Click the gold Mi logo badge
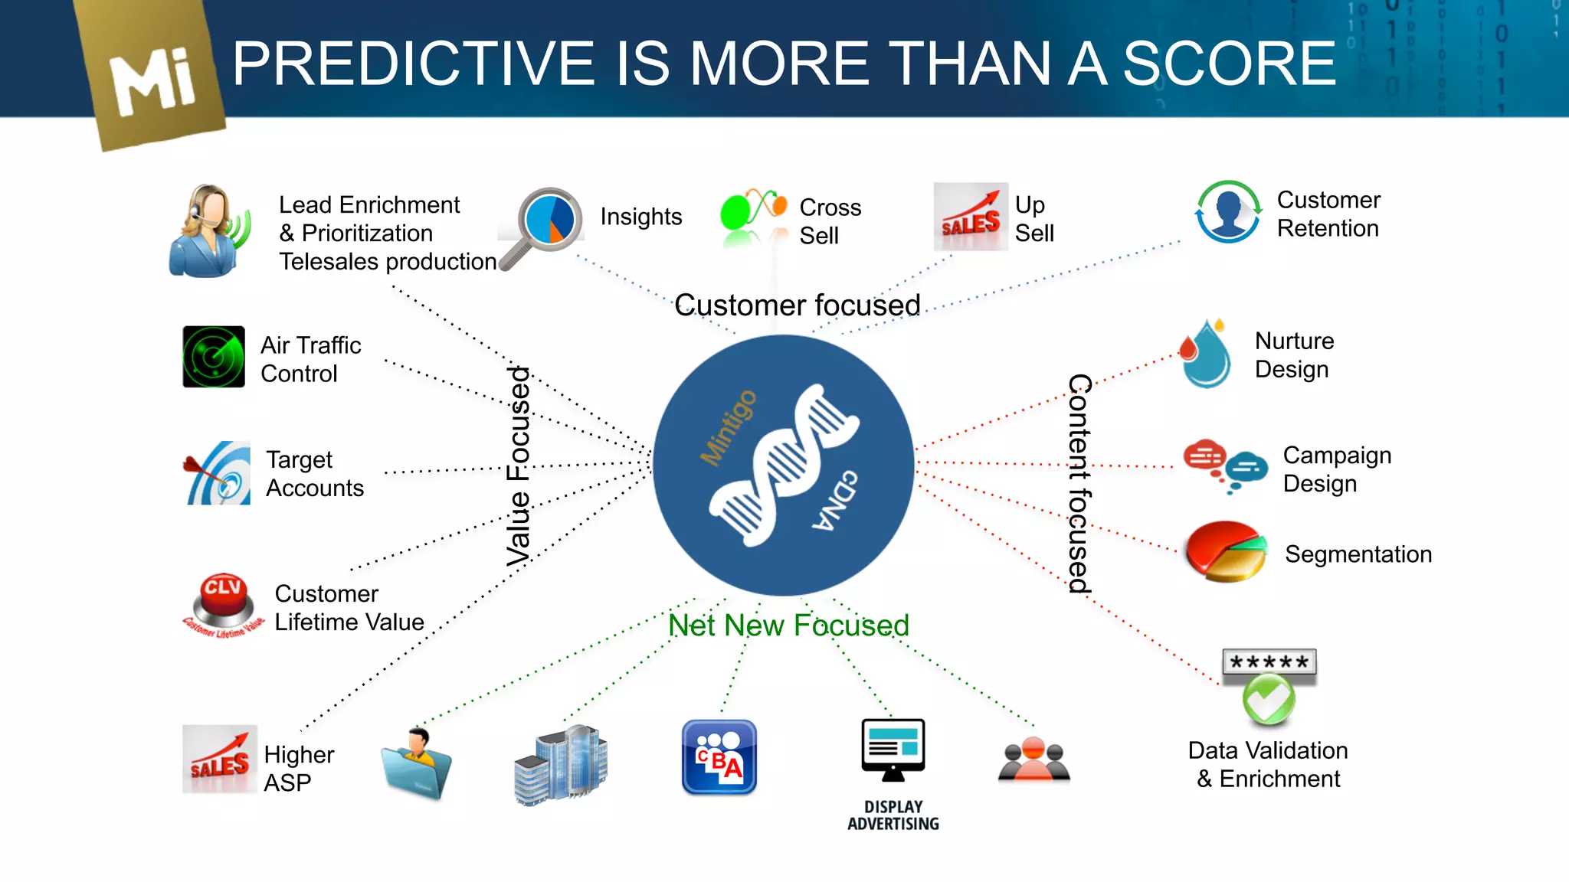[153, 77]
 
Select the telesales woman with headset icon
[207, 231]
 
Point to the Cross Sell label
[830, 221]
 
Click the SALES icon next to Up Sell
[971, 217]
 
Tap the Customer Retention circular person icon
[1228, 212]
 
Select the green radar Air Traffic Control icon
[214, 357]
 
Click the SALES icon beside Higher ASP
[220, 759]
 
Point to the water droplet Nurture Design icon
[1206, 354]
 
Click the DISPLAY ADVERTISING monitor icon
[893, 750]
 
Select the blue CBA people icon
[719, 757]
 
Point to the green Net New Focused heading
[788, 626]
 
